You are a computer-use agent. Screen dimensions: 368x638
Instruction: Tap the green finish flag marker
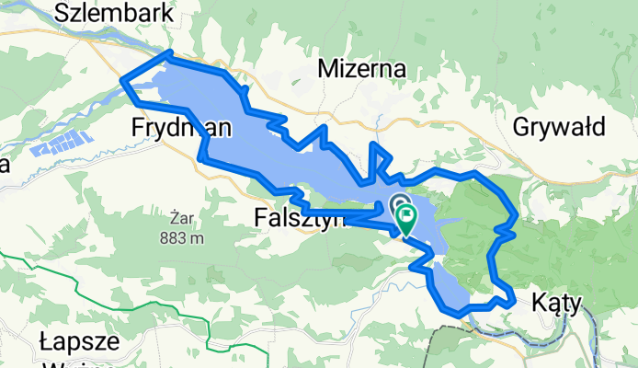pos(406,217)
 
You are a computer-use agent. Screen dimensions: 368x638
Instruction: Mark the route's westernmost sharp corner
pos(123,83)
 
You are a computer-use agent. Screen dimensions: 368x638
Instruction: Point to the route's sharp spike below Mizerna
pos(372,145)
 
